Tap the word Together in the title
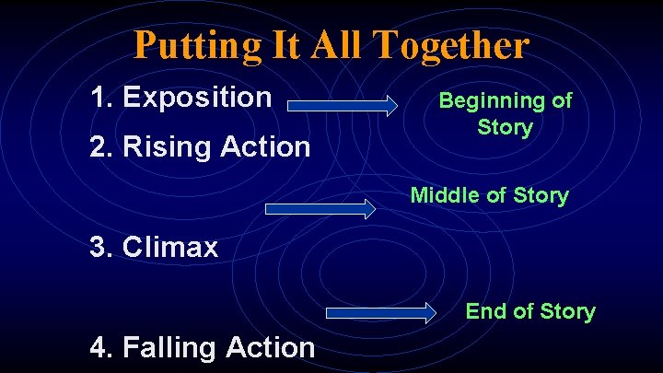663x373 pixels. [458, 44]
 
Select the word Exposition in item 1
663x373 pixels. [197, 97]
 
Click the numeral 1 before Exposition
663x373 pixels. [99, 97]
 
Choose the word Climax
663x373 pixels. [170, 247]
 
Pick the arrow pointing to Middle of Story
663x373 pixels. [320, 208]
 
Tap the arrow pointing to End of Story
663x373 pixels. [381, 312]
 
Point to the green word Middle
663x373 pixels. [440, 195]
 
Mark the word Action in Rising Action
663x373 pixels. [265, 146]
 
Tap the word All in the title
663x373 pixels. [336, 44]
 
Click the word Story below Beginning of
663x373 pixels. [505, 127]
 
